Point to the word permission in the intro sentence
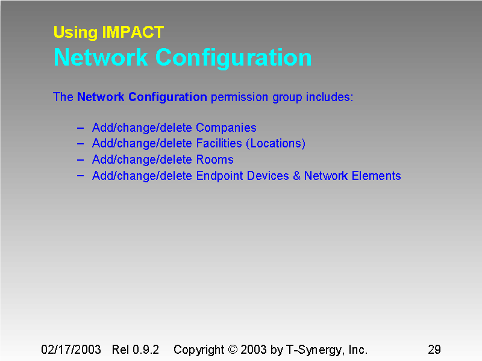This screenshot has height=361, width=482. click(x=239, y=97)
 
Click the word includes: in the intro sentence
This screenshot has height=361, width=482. click(x=329, y=97)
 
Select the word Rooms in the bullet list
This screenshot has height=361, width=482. click(x=214, y=160)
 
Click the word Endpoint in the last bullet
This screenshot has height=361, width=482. click(x=218, y=176)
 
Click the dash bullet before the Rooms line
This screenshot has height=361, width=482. click(x=81, y=159)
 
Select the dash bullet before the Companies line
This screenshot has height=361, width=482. click(x=81, y=128)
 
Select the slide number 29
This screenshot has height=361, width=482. click(x=434, y=350)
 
